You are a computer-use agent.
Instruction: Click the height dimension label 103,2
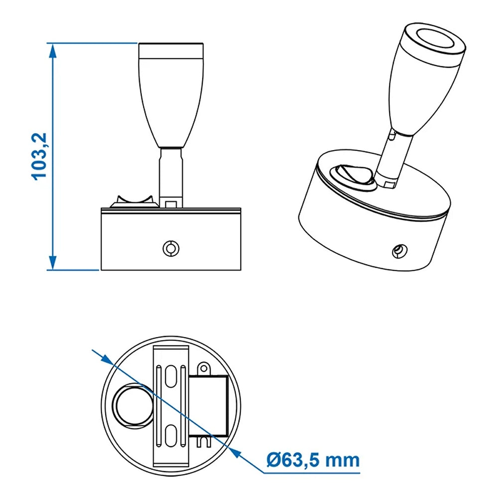click(39, 157)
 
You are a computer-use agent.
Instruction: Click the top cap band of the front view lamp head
click(170, 50)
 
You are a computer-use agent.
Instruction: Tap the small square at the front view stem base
click(171, 204)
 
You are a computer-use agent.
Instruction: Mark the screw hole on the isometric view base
click(398, 251)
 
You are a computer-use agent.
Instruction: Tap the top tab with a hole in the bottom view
click(203, 369)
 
